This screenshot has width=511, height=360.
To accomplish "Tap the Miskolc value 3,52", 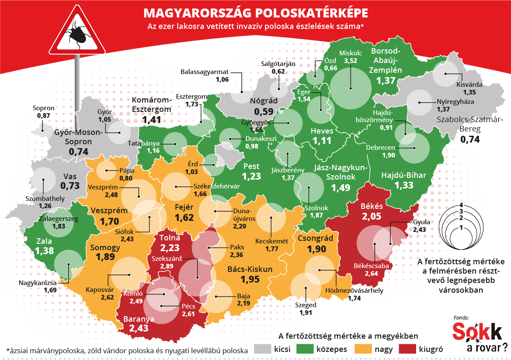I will tap(350, 61).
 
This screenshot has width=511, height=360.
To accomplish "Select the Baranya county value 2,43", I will tap(139, 328).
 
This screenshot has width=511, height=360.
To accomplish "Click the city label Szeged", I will tap(305, 305).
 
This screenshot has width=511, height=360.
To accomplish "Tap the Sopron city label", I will tap(43, 108).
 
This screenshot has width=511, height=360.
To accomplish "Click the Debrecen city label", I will tap(380, 148).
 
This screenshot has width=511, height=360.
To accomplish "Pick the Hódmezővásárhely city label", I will tap(354, 291).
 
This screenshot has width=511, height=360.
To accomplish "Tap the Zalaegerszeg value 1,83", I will tap(59, 227).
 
